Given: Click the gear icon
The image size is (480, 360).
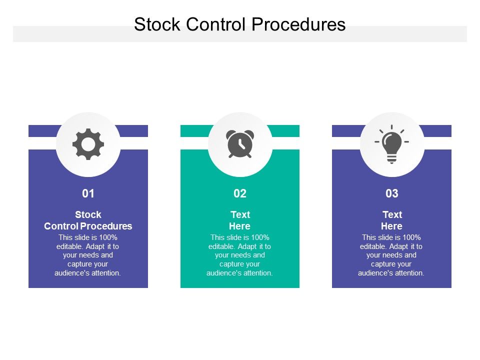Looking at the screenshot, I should click(x=88, y=144).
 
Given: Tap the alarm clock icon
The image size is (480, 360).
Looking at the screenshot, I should click(x=240, y=144).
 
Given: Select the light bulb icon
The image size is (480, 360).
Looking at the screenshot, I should click(x=391, y=144).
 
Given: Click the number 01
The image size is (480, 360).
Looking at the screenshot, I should click(x=88, y=193).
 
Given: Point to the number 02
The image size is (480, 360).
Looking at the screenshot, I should click(x=240, y=193).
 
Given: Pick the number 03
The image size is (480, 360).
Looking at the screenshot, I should click(x=391, y=193).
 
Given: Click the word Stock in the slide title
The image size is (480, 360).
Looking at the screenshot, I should click(x=156, y=24).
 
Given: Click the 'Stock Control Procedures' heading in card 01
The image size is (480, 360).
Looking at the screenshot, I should click(x=88, y=220).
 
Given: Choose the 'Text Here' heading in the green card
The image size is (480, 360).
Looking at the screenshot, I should click(x=240, y=220).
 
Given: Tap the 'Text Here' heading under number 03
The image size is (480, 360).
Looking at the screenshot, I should click(x=392, y=220).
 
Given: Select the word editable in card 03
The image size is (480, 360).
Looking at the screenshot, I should click(x=372, y=246).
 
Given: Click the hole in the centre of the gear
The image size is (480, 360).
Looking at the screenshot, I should click(x=88, y=144).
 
